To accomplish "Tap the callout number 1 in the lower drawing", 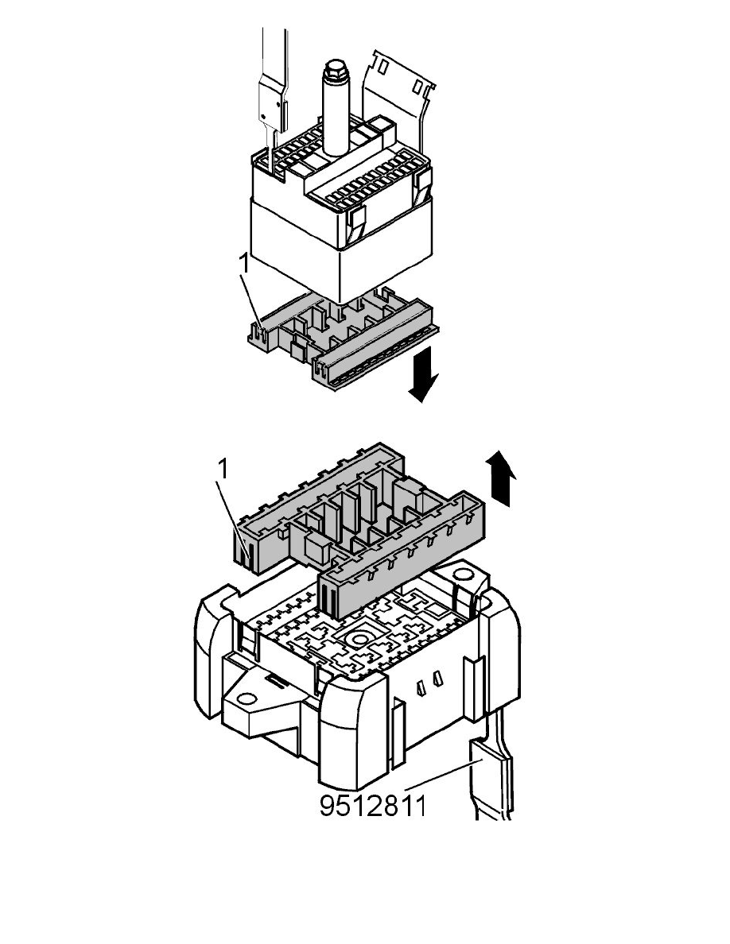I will click(224, 470).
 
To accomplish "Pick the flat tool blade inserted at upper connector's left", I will click(269, 103).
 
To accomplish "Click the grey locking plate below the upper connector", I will click(342, 338).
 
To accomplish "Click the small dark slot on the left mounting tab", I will click(271, 681).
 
